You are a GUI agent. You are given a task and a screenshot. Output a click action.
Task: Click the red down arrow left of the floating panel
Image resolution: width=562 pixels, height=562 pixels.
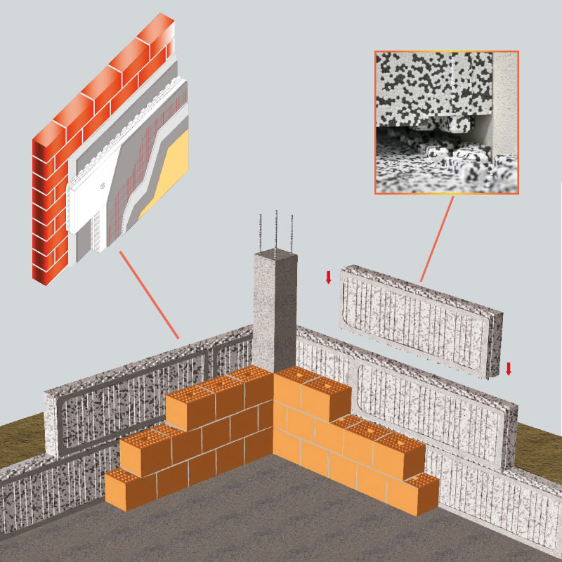point(328,277)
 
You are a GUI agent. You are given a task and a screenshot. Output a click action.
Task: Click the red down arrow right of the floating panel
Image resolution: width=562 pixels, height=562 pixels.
point(509,368)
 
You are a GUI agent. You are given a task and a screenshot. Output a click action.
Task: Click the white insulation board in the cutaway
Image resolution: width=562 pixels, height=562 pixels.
point(88,204)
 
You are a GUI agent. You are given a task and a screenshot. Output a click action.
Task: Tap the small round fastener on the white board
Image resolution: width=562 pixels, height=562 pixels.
point(103,186)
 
